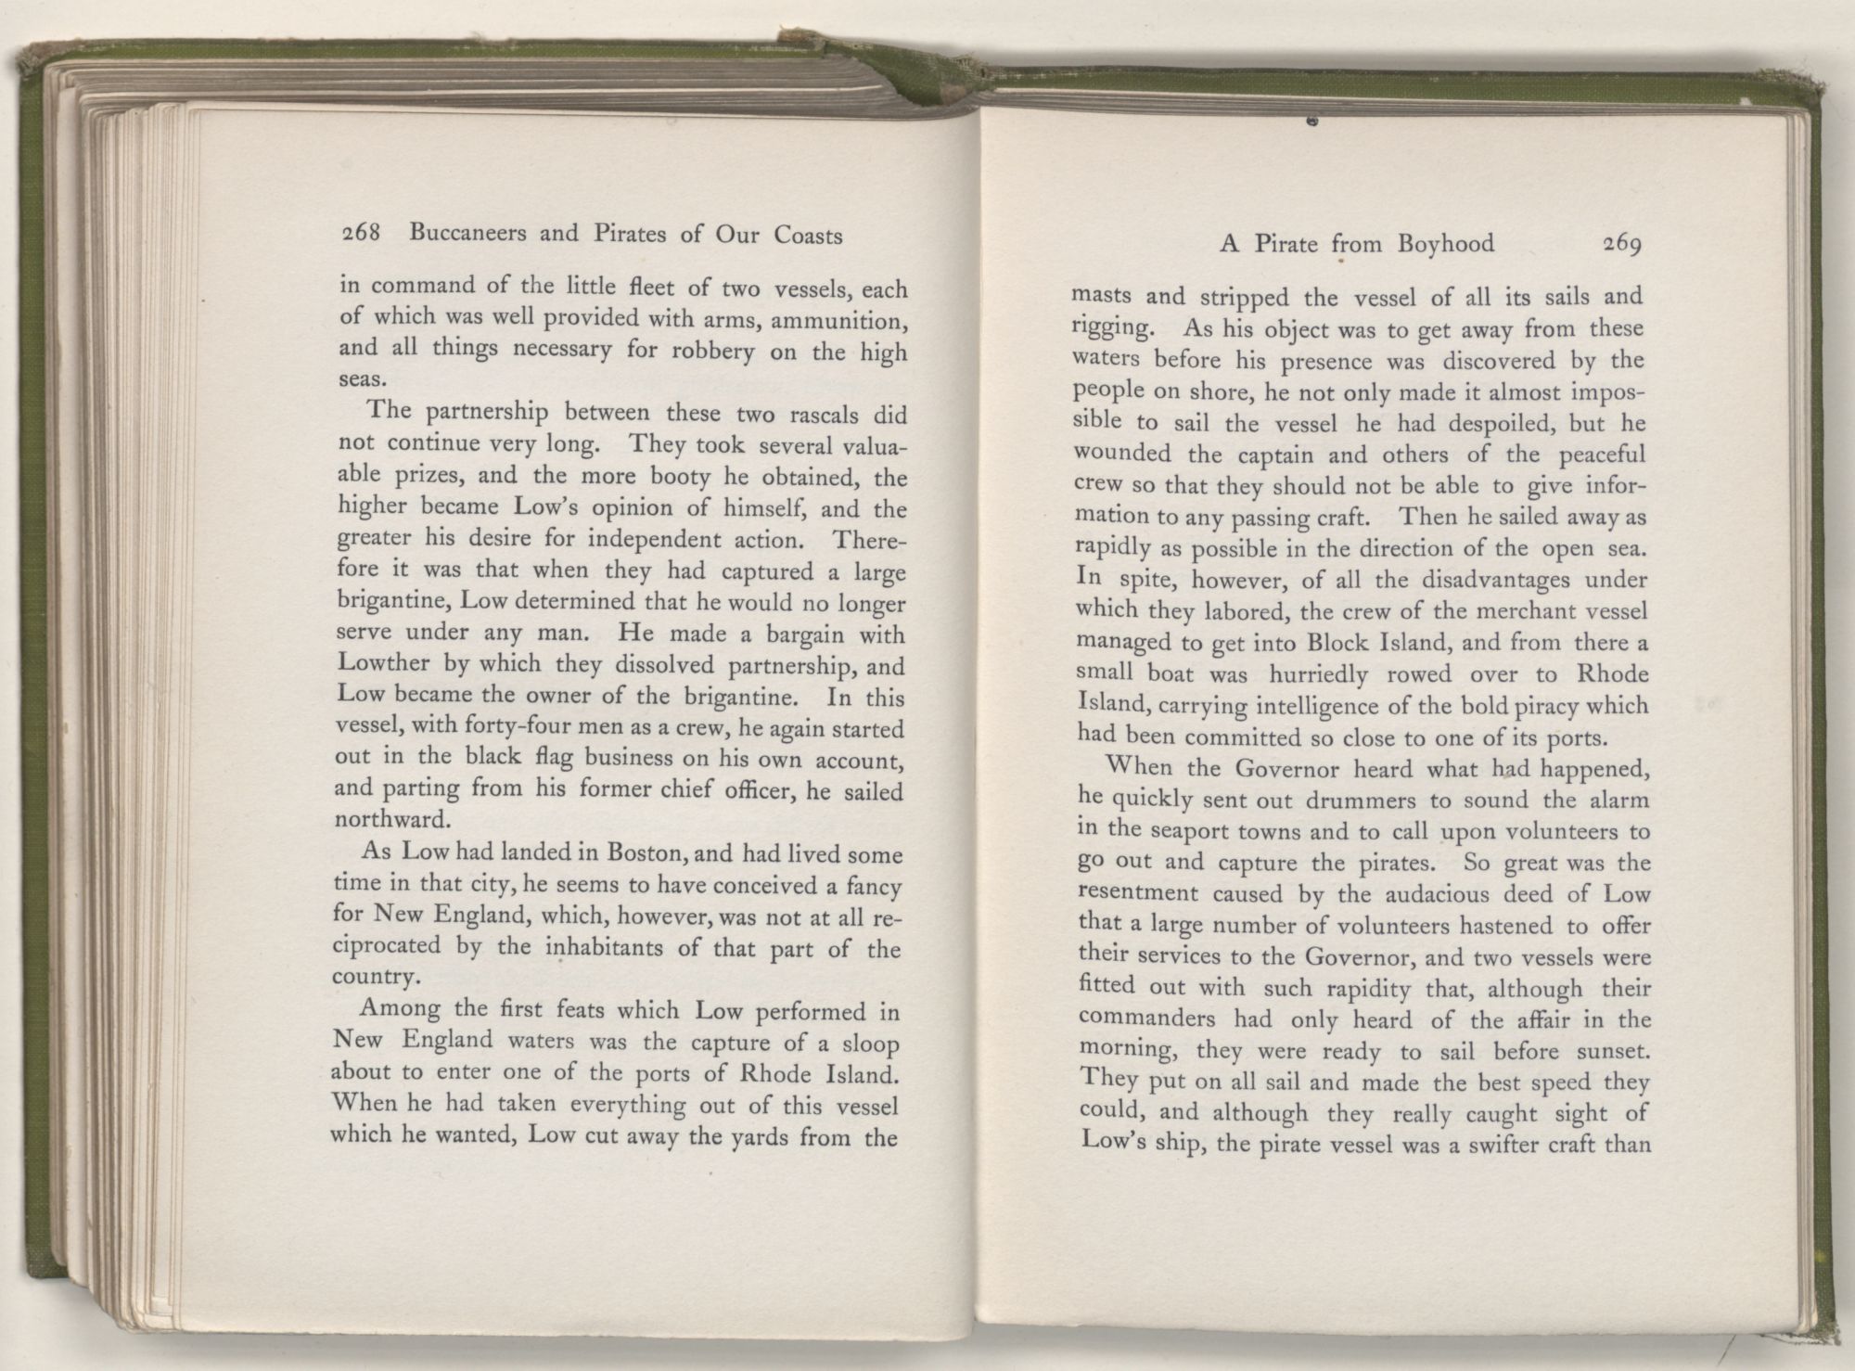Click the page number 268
(357, 234)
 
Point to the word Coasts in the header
(805, 236)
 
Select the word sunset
(1612, 1052)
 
